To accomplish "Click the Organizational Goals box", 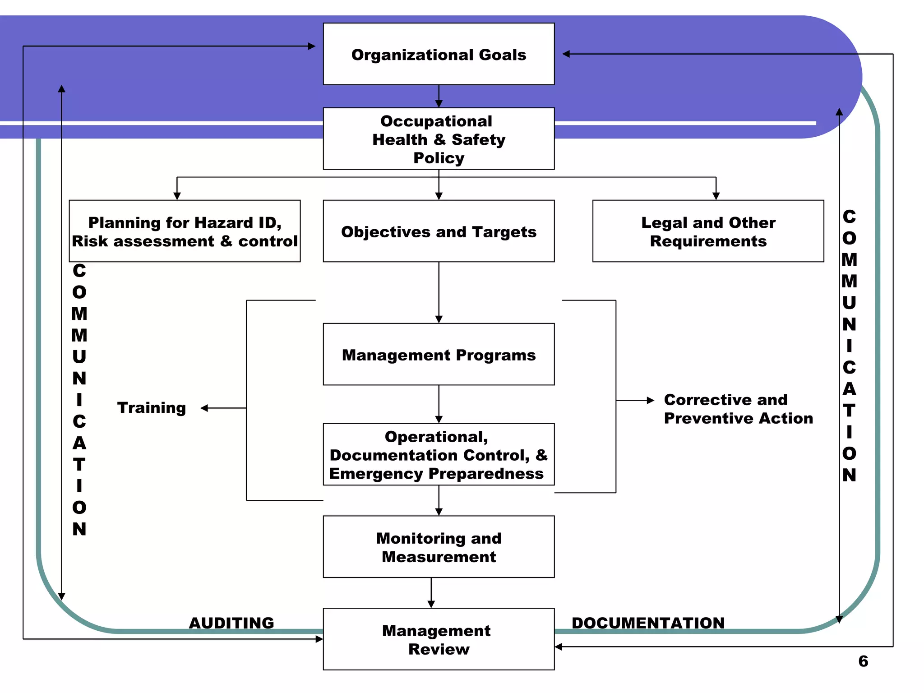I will coord(439,54).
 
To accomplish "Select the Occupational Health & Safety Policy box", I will coord(439,139).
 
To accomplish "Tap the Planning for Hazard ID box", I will coord(185,231).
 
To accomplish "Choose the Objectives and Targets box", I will coord(439,231).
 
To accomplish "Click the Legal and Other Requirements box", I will coord(708,231).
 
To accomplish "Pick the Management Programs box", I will coord(439,355).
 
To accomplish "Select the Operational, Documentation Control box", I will coord(439,455).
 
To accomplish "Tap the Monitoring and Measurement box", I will coord(439,547).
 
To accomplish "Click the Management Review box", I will coord(439,639).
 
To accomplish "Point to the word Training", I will coord(152,407).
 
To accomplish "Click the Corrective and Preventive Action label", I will coord(738,409).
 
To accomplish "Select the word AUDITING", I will coord(231,623).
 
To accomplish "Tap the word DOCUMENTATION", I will coord(648,623).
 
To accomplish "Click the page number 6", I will coord(863,661).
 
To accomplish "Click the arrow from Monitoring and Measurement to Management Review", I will coord(431,593).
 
